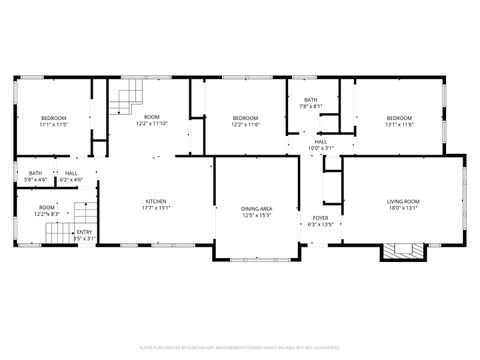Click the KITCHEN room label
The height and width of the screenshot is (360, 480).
pos(156,200)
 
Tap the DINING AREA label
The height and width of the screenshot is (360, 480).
pos(257,208)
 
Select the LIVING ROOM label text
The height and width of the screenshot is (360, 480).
pos(403,201)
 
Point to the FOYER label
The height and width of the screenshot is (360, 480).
pos(320,217)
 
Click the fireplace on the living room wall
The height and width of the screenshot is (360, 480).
pos(403,250)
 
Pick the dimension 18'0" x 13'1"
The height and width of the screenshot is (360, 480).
pos(403,209)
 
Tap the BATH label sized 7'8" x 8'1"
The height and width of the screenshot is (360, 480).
pos(311,100)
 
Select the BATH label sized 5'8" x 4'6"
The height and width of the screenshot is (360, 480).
pos(36,174)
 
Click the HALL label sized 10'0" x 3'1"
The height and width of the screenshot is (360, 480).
pos(320,142)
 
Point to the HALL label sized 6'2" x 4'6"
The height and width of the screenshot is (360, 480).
pos(72,174)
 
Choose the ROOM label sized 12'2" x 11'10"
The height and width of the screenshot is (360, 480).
pos(152,118)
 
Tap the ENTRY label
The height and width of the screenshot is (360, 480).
pos(84,232)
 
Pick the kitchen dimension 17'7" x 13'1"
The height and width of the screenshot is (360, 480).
pos(156,208)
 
